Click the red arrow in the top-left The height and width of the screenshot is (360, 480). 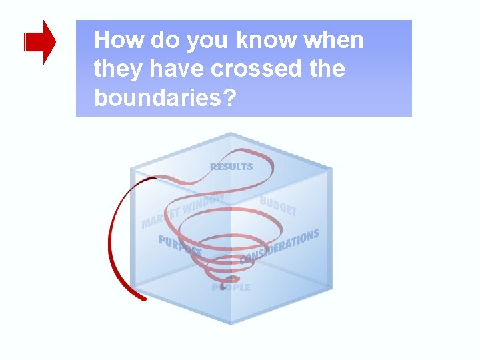click(x=40, y=42)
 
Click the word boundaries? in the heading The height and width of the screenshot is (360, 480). click(x=165, y=97)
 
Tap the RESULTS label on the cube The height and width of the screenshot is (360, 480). click(x=231, y=166)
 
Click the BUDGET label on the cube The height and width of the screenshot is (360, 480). click(x=278, y=205)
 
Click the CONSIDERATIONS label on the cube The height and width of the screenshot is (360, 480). click(x=279, y=246)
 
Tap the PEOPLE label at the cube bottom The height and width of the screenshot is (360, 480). click(x=231, y=287)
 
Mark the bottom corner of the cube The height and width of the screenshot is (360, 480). click(x=231, y=324)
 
